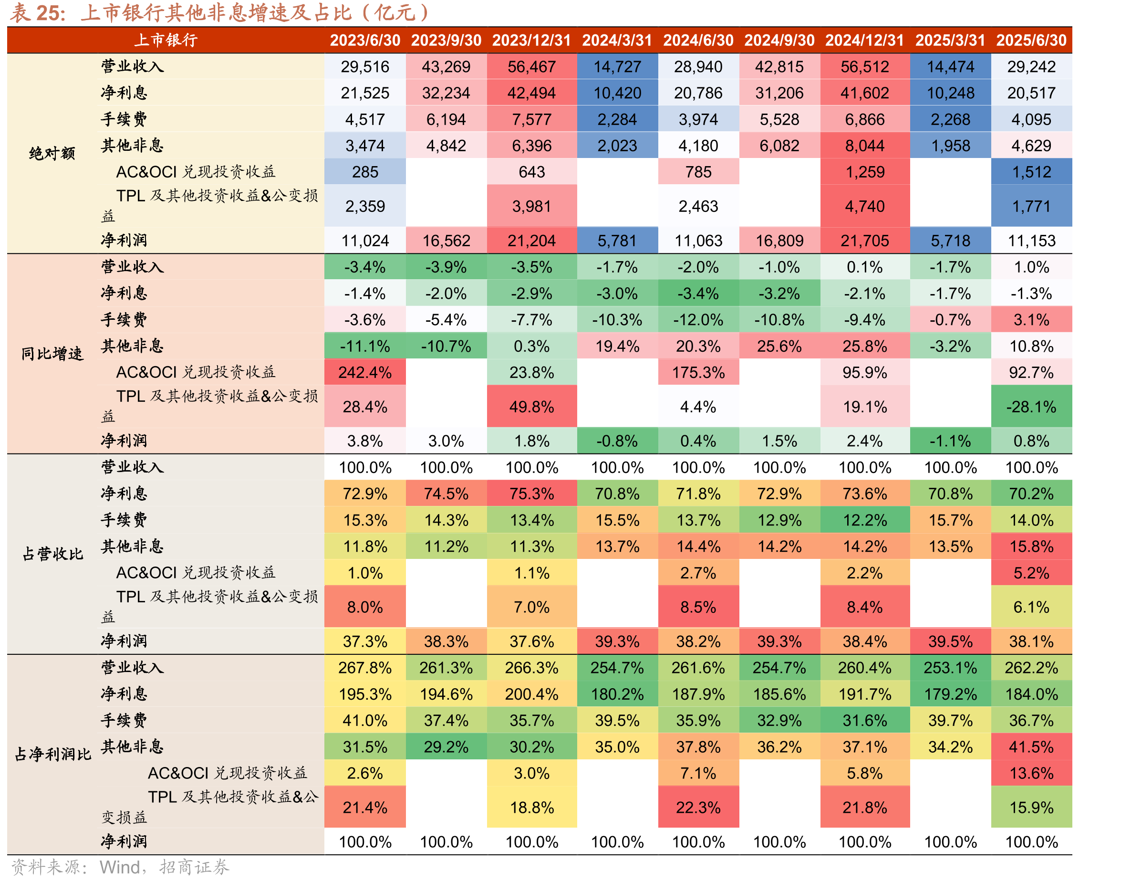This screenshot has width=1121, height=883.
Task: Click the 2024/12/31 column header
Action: coord(864,40)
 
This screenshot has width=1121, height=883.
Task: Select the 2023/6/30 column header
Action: coord(365,40)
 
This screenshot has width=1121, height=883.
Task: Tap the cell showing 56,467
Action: coord(531,67)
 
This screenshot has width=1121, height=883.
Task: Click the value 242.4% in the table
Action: coord(365,372)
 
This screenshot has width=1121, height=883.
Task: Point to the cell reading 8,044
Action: coord(864,146)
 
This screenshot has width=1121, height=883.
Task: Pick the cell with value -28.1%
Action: coord(1031,407)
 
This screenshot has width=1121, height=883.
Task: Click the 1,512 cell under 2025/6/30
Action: coord(1031,172)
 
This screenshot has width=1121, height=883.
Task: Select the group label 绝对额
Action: coord(52,153)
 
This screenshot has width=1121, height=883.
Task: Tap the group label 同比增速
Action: coord(52,354)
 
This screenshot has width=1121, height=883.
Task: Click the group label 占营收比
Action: coord(52,554)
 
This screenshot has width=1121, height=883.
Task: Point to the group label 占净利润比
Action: coord(52,754)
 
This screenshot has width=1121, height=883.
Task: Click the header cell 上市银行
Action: coord(166,40)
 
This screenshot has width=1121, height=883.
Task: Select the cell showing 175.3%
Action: coord(698,372)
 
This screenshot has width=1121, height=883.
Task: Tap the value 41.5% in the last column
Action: coord(1031,746)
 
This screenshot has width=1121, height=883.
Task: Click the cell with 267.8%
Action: coord(365,667)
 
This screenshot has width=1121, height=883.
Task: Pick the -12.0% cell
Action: coord(698,319)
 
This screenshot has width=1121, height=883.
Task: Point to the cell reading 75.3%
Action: coord(531,494)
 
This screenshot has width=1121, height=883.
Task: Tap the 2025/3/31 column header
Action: coord(950,40)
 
